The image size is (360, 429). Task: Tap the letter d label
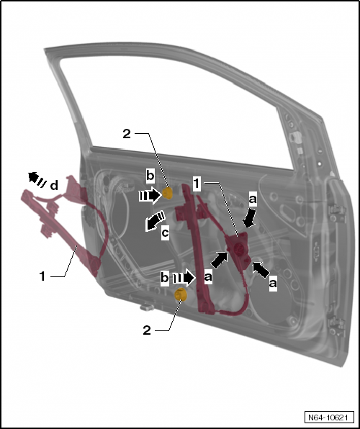(x=55, y=186)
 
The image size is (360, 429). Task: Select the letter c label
(x=166, y=233)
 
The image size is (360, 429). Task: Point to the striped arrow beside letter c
(x=151, y=222)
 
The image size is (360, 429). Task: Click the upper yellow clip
(x=168, y=192)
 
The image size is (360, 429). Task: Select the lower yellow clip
(x=181, y=293)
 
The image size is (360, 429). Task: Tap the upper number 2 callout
(x=127, y=134)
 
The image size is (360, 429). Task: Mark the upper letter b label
(x=150, y=175)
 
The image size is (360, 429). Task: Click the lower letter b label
(x=166, y=276)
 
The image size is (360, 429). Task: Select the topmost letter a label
(x=252, y=196)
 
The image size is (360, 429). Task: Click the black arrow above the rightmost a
(x=263, y=269)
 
